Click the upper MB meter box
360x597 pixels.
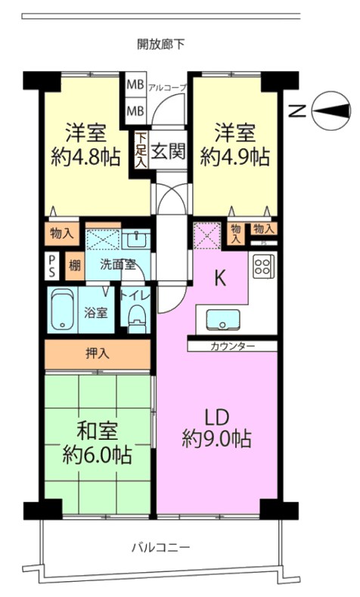135,85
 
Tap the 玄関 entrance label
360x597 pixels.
168,151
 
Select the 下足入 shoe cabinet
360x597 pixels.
141,150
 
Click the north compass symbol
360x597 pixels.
331,110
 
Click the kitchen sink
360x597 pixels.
223,320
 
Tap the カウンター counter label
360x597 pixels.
232,346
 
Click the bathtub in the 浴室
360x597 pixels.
62,310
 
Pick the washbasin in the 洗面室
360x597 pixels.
136,240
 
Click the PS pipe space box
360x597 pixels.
52,266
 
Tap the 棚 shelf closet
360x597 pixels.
74,266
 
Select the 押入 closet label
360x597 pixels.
98,354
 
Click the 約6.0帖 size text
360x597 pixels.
97,455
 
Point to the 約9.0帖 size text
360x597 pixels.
216,438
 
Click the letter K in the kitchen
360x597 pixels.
220,278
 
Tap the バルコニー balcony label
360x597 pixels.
161,548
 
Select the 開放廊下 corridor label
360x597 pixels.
161,45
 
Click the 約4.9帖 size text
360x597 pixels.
235,156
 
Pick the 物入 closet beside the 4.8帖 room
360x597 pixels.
62,234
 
